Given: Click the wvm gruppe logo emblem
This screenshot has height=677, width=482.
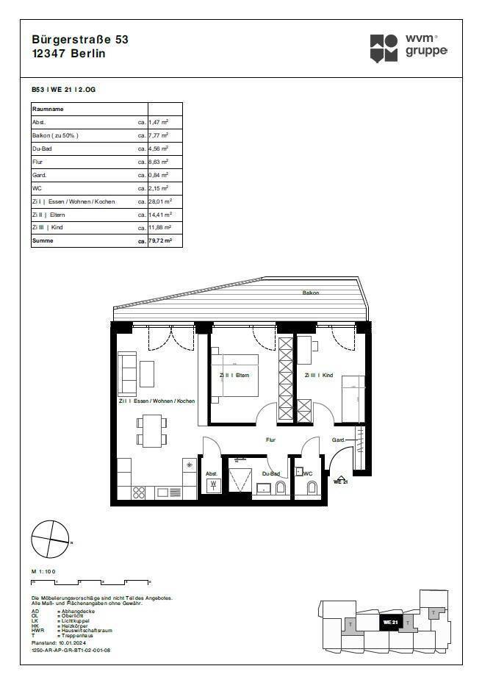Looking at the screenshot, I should click(384, 48).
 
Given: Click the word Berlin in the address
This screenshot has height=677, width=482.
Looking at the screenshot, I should click(87, 53).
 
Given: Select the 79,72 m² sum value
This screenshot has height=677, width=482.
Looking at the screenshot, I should click(160, 240).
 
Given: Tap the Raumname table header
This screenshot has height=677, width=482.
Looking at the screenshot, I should click(48, 109).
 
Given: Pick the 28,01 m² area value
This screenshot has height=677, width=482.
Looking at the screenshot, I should click(160, 201).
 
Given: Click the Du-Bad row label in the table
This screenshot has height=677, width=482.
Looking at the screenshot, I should click(43, 148).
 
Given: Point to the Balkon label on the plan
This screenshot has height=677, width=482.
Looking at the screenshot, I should click(311, 293).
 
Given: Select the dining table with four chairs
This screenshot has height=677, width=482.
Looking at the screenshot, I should click(151, 431).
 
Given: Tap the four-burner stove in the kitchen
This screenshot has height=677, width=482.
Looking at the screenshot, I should click(139, 492).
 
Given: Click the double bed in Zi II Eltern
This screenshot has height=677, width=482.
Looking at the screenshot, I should click(235, 375).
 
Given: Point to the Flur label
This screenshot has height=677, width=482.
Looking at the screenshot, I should click(270, 440).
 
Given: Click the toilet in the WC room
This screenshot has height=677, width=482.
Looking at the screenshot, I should click(310, 488).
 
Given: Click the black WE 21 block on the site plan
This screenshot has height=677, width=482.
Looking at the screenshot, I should click(389, 622).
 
